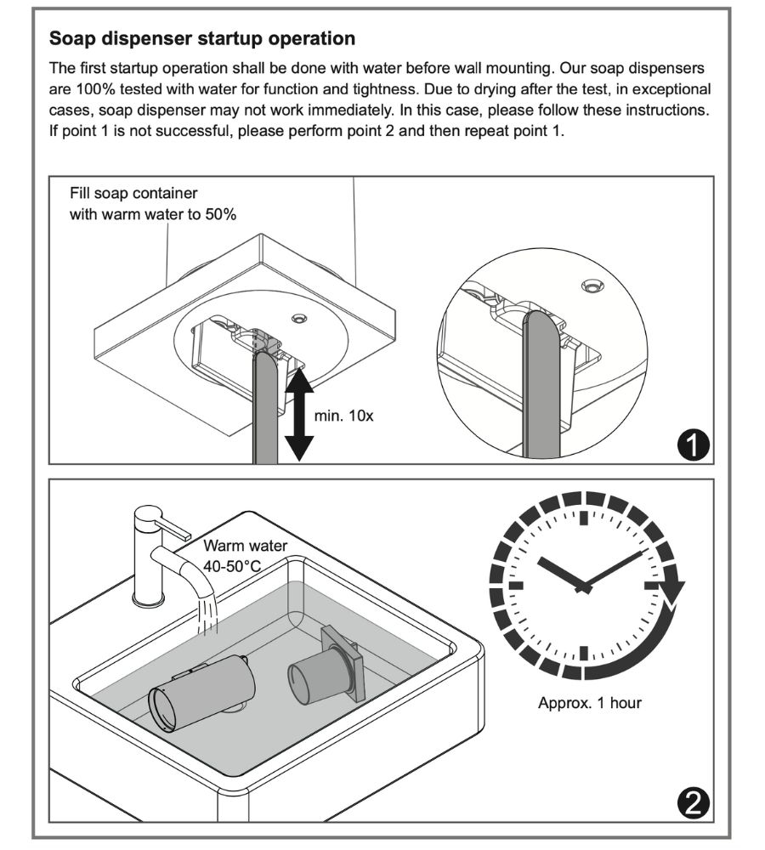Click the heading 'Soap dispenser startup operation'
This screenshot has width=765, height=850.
tap(202, 39)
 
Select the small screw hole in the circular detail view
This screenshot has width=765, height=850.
tap(592, 286)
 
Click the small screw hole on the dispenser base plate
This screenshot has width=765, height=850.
tap(298, 317)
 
